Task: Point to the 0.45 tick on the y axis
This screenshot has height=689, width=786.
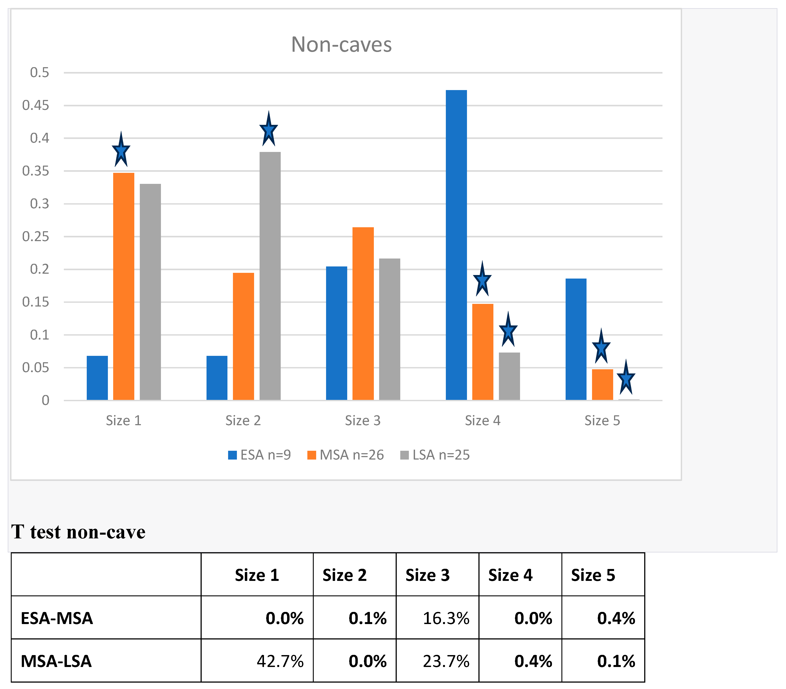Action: pyautogui.click(x=36, y=105)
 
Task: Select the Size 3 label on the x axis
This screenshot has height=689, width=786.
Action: pyautogui.click(x=362, y=421)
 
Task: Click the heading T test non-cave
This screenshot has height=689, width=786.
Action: pyautogui.click(x=78, y=532)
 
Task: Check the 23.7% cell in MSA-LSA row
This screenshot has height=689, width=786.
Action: pyautogui.click(x=446, y=661)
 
